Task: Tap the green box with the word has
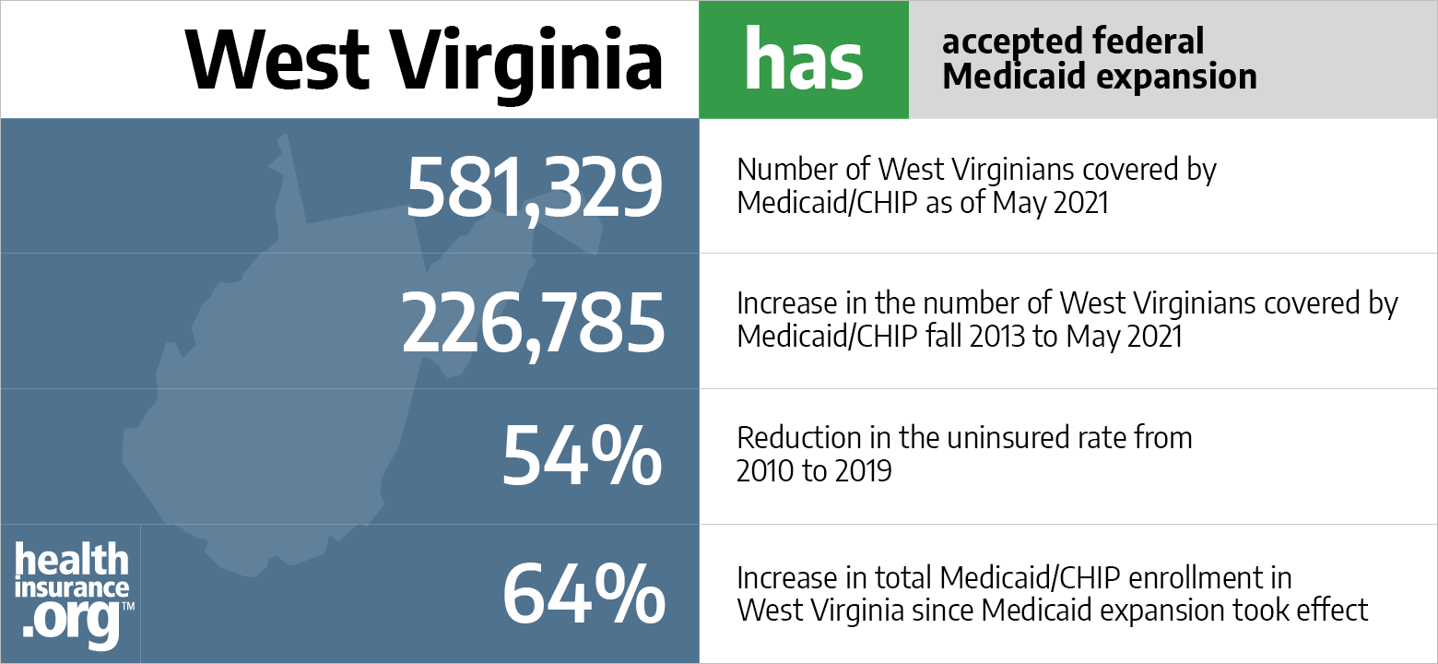tap(803, 60)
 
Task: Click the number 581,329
tap(534, 187)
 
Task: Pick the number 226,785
tap(532, 323)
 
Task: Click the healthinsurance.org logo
tap(73, 593)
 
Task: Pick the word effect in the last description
tap(1338, 611)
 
